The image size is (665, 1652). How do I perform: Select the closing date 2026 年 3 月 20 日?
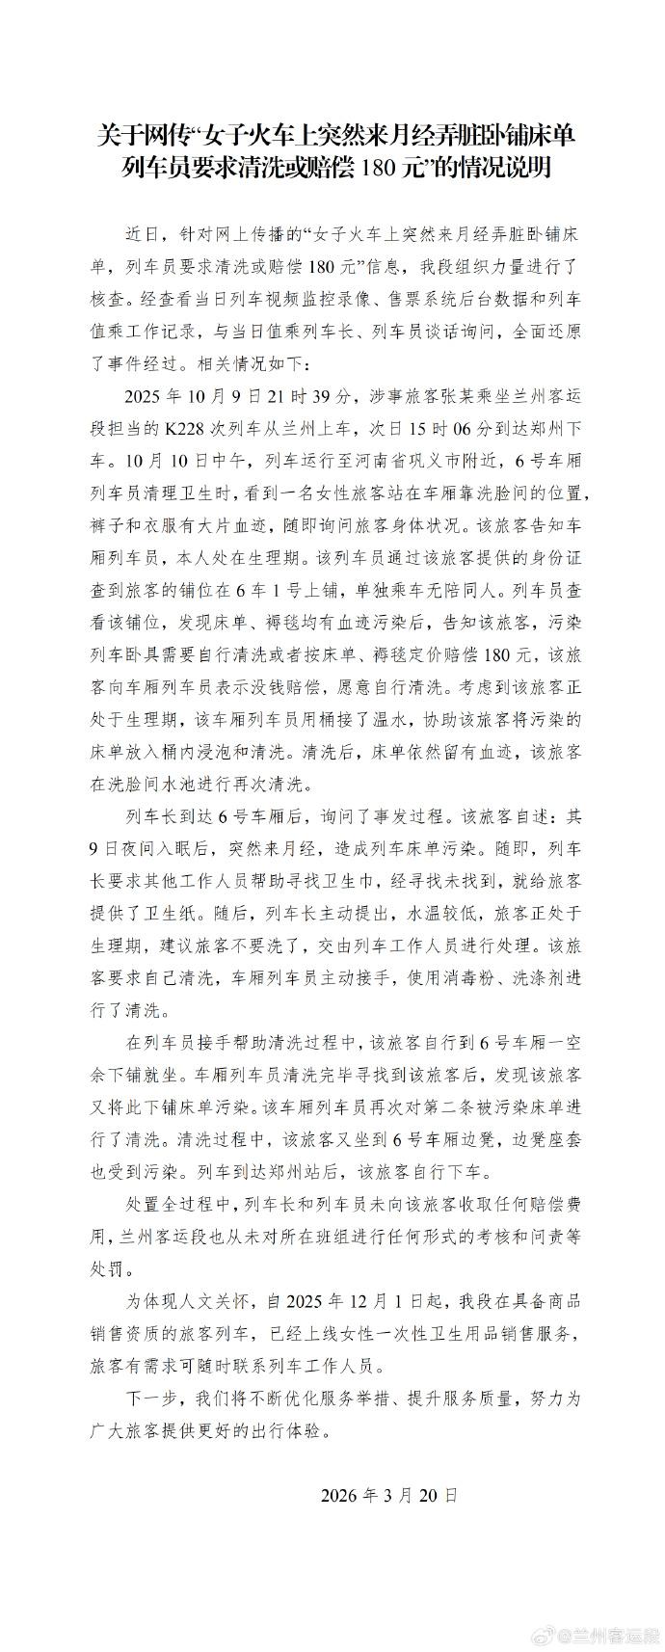[388, 1496]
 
